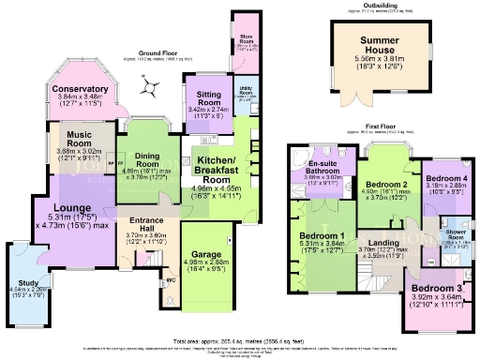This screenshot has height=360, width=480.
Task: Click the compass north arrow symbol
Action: [147, 89]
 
